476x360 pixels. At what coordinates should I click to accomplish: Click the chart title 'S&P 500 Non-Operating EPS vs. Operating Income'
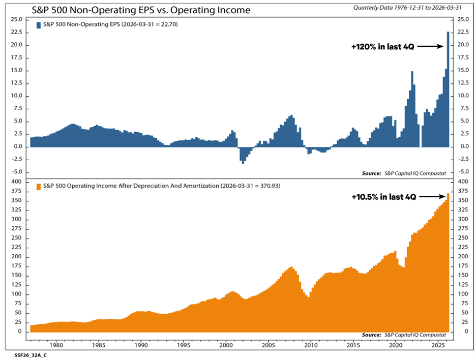pos(141,10)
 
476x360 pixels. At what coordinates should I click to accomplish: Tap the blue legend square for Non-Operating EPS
pos(39,25)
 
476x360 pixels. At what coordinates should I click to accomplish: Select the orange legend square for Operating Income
pos(39,187)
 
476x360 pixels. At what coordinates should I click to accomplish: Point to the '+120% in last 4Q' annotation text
pos(382,47)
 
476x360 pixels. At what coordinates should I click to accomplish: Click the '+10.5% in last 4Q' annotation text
pos(384,197)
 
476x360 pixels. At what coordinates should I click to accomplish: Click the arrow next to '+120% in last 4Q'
pos(430,46)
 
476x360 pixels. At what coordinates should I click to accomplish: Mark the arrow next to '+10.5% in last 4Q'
pos(432,197)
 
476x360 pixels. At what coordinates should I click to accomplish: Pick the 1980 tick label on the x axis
pos(56,345)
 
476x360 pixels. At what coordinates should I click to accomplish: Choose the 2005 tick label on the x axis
pos(269,345)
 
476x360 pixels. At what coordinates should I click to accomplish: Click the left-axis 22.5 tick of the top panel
pos(17,32)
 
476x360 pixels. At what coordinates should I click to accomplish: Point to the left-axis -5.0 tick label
pos(17,172)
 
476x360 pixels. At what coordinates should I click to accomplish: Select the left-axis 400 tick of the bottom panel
pos(16,182)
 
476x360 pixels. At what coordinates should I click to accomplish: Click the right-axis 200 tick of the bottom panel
pos(463,256)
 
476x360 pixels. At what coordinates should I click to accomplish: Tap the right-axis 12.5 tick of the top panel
pos(463,83)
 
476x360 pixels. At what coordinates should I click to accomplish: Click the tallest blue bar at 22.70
pos(448,89)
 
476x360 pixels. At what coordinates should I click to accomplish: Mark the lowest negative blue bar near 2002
pos(243,156)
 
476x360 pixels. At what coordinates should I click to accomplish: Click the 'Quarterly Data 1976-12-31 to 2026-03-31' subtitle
pos(407,8)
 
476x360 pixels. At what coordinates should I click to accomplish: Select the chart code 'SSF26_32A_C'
pos(31,355)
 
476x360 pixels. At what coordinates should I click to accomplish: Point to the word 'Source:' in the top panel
pos(371,173)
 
